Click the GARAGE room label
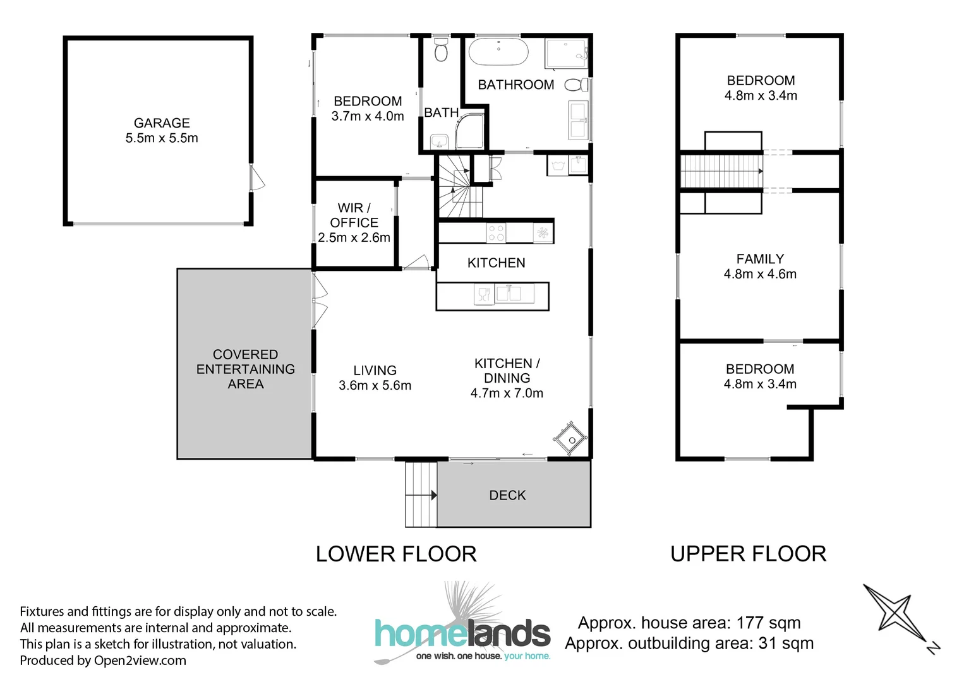click(x=162, y=123)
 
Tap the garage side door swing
click(x=256, y=178)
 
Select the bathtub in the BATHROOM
click(x=498, y=52)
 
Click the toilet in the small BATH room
click(x=441, y=51)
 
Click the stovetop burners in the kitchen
click(x=496, y=233)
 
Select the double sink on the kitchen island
click(x=508, y=294)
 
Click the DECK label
click(x=507, y=496)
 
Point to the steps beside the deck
click(x=421, y=494)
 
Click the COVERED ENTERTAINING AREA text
click(x=245, y=369)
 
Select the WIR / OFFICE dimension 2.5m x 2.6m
click(x=354, y=238)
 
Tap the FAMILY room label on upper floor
click(x=760, y=259)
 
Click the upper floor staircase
click(x=721, y=171)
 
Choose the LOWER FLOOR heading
click(x=396, y=554)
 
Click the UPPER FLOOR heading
click(x=748, y=554)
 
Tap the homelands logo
click(x=462, y=631)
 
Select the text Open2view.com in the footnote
click(x=140, y=661)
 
